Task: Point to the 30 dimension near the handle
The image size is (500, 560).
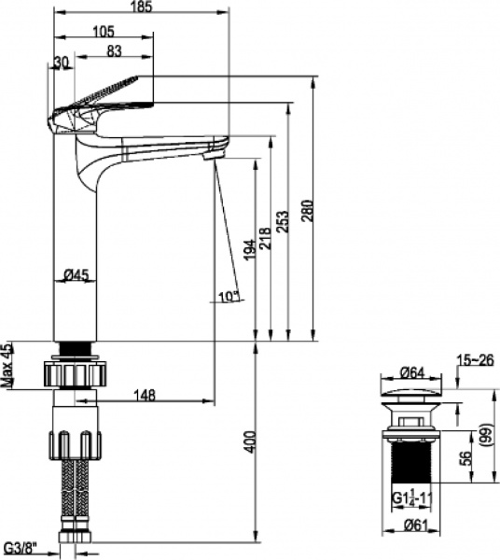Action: pyautogui.click(x=62, y=62)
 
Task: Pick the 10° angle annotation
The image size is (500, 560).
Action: pyautogui.click(x=228, y=296)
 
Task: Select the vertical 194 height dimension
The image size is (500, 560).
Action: pyautogui.click(x=249, y=251)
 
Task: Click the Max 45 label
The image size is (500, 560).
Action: pyautogui.click(x=7, y=365)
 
